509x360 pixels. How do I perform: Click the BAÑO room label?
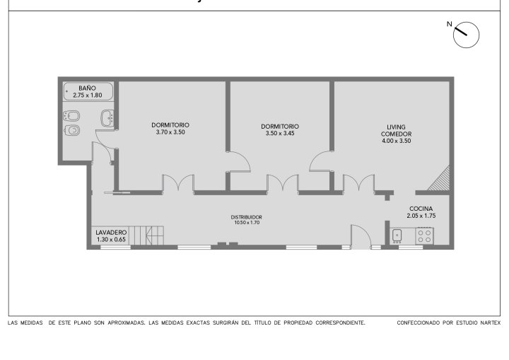[88, 88]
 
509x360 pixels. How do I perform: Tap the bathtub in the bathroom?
[88, 91]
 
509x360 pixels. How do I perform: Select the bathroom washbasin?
[107, 118]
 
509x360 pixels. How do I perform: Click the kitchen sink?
[397, 236]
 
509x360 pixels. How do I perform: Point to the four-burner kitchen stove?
[425, 236]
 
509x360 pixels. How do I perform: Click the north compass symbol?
[466, 35]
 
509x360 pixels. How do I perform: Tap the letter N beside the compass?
[450, 24]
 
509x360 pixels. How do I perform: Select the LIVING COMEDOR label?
[397, 130]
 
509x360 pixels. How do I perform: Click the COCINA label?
[421, 209]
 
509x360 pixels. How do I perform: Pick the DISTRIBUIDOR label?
[247, 217]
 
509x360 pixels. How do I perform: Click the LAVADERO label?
[111, 233]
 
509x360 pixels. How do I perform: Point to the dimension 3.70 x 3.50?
[170, 132]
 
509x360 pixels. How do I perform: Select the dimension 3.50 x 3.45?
[280, 133]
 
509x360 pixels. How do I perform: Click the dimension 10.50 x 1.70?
[247, 223]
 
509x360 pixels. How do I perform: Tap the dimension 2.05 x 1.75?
[421, 216]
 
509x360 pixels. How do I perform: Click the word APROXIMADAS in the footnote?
[127, 323]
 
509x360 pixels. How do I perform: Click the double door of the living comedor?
[358, 183]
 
